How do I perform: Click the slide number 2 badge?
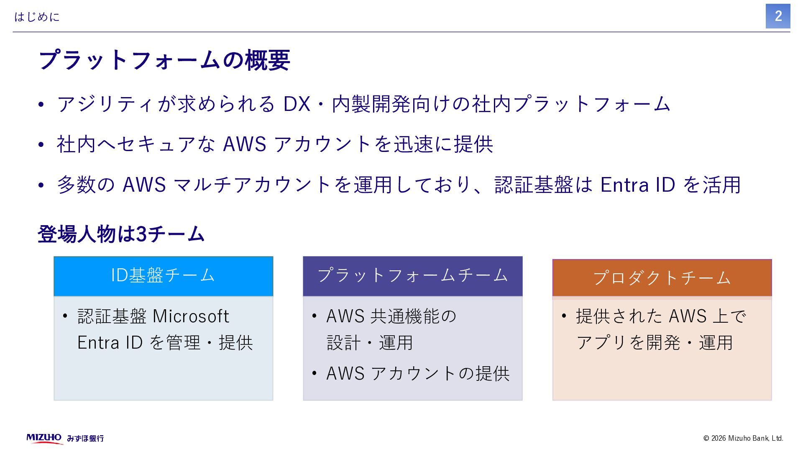[777, 16]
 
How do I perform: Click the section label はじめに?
[37, 17]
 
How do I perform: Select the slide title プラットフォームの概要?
[164, 60]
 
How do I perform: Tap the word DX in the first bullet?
[297, 104]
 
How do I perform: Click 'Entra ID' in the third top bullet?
[637, 185]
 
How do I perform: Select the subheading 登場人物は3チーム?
[121, 234]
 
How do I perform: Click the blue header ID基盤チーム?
[163, 276]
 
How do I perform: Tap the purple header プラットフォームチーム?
[412, 276]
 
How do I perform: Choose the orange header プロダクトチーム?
[662, 278]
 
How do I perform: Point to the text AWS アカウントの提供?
[417, 374]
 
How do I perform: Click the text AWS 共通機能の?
[391, 316]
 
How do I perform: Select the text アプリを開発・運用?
[654, 343]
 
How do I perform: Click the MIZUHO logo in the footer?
[44, 438]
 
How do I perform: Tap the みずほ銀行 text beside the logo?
[85, 439]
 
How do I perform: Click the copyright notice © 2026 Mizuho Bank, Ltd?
[743, 438]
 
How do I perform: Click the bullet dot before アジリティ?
[41, 105]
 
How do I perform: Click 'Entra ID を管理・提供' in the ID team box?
[165, 343]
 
